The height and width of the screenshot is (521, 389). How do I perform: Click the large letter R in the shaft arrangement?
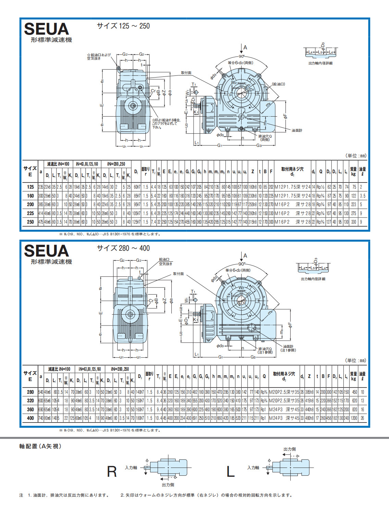(x=112, y=472)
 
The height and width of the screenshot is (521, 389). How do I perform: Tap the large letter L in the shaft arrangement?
(x=230, y=472)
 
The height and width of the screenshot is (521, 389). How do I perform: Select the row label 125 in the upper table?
(x=31, y=187)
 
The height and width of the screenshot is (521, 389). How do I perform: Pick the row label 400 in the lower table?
(x=31, y=418)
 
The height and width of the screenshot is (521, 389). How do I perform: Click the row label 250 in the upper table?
(x=31, y=222)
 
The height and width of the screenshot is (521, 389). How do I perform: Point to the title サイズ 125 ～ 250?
(x=123, y=26)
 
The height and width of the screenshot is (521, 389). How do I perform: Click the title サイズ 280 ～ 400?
(x=123, y=248)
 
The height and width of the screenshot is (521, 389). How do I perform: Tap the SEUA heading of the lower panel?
(x=46, y=251)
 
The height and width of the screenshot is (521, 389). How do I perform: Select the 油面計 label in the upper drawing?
(x=297, y=130)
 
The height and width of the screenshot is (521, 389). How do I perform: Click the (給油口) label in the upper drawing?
(x=278, y=84)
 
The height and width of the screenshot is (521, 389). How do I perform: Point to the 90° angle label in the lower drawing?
(x=242, y=264)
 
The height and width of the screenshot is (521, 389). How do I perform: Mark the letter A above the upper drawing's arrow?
(x=245, y=47)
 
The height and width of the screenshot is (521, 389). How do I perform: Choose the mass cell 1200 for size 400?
(x=353, y=418)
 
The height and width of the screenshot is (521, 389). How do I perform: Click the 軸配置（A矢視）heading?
(x=40, y=446)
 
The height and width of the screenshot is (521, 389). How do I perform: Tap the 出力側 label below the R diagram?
(x=168, y=485)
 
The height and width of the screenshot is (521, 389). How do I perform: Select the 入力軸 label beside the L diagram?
(x=253, y=467)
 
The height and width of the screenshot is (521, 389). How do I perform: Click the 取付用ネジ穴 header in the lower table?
(x=284, y=374)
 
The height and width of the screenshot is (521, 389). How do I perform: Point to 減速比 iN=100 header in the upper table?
(x=58, y=164)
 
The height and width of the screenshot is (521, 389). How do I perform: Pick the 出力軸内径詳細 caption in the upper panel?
(x=320, y=63)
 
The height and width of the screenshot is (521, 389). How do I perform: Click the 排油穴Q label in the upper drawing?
(x=265, y=136)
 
